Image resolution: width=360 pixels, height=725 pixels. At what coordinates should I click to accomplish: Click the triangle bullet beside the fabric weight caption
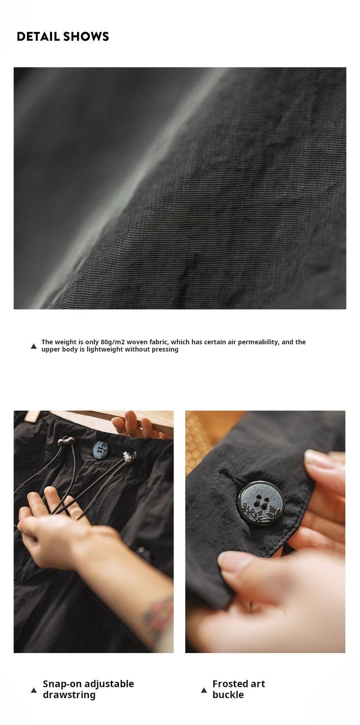34,346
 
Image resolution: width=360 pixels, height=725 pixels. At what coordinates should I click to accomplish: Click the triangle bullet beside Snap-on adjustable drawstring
34,690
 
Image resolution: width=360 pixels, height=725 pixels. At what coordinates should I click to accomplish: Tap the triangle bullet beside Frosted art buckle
204,690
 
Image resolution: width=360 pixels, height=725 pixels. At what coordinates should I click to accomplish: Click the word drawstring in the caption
69,695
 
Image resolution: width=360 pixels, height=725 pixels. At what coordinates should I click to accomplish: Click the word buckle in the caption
228,694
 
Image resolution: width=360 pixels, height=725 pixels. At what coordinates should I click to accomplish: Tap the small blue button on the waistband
100,449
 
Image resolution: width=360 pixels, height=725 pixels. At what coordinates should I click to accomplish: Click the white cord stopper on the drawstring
129,457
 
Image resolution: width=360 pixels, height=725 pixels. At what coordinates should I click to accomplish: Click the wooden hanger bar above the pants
100,421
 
